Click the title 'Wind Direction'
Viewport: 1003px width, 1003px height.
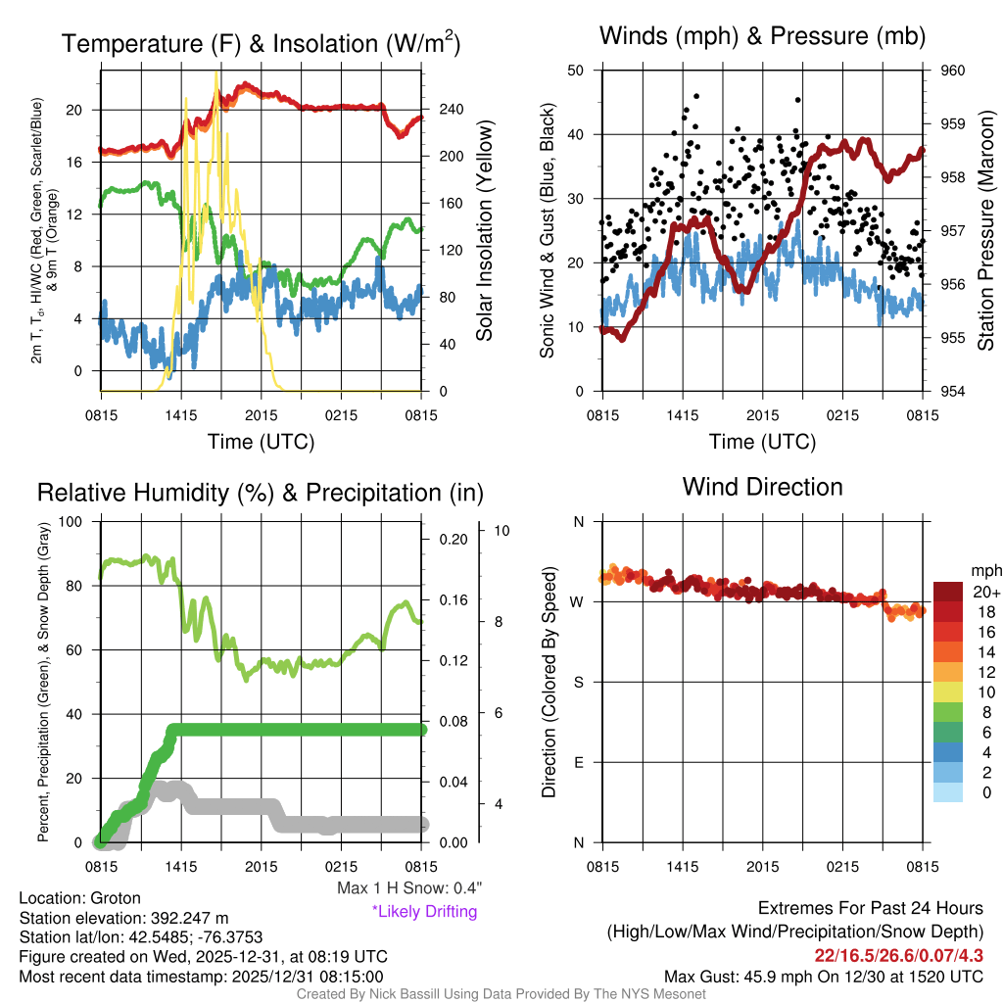click(762, 487)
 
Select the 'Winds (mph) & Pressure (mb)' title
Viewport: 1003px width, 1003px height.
click(762, 37)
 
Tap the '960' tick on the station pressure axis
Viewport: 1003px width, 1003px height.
click(953, 71)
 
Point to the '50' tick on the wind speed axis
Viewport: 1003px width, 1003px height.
click(576, 71)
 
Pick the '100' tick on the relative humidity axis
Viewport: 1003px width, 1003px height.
click(72, 522)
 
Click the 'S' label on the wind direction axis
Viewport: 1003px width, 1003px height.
click(578, 682)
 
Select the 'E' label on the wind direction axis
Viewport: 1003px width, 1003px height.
click(578, 762)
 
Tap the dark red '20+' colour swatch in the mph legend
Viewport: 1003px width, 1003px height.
click(951, 593)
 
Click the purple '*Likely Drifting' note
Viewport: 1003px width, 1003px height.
click(424, 912)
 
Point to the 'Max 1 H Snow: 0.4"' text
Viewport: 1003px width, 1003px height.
click(408, 888)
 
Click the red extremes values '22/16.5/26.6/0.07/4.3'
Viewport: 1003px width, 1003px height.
click(898, 955)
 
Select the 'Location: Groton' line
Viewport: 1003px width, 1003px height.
click(80, 898)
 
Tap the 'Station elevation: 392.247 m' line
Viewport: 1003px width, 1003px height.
click(123, 918)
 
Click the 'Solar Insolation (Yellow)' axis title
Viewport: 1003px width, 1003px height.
click(485, 230)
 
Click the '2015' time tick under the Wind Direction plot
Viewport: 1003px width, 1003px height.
click(762, 867)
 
